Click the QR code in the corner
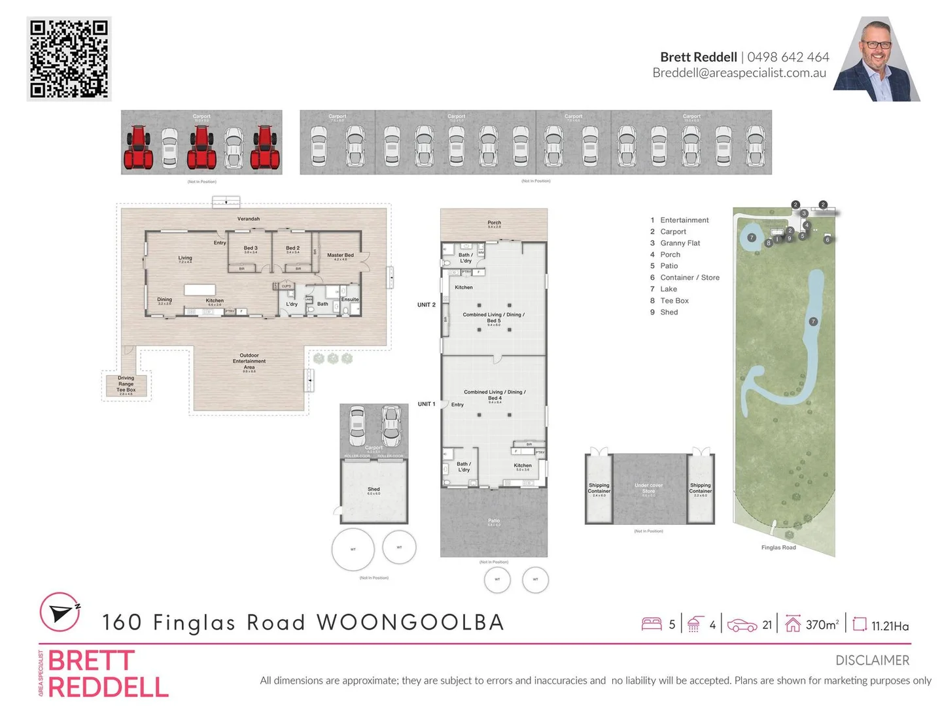click(x=69, y=59)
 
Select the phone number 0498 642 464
click(x=788, y=57)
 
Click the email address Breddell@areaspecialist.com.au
click(x=739, y=73)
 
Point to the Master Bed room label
click(x=340, y=256)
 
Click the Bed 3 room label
click(x=251, y=248)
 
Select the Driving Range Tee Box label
click(x=126, y=384)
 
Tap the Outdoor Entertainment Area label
click(x=249, y=361)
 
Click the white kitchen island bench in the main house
click(x=200, y=290)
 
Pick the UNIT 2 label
click(x=427, y=305)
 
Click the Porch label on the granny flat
click(x=494, y=223)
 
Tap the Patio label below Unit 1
click(x=494, y=521)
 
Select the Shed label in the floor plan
click(x=374, y=489)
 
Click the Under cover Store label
click(x=648, y=488)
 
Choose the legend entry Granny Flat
click(x=680, y=243)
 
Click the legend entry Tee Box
click(x=674, y=301)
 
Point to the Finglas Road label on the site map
click(x=778, y=547)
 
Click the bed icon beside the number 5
click(x=652, y=624)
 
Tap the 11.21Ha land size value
click(x=890, y=626)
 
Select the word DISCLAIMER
click(x=872, y=660)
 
